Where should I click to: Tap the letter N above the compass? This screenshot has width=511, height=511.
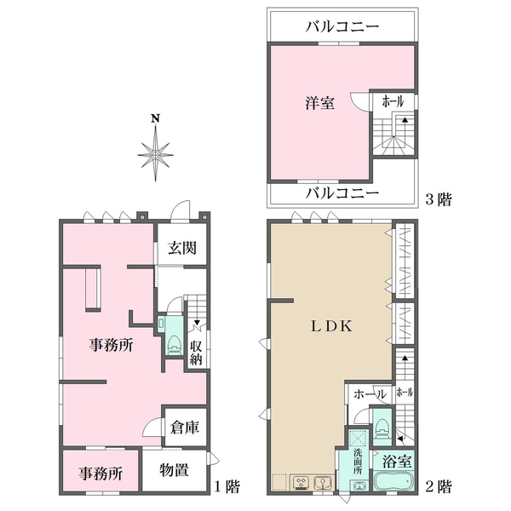pos(154,119)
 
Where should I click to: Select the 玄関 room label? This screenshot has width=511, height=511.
pos(181,248)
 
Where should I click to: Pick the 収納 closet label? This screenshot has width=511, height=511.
pos(196,352)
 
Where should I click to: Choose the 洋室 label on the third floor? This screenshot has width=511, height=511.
pos(320,103)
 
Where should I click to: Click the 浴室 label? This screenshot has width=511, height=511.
pos(397,462)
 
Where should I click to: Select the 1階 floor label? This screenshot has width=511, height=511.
pos(227,487)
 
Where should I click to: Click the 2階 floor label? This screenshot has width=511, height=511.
pos(438,487)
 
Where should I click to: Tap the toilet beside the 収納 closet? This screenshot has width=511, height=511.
pos(173,342)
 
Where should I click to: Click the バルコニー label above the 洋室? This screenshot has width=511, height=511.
pos(342,26)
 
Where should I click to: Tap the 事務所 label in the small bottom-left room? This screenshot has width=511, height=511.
pos(101,473)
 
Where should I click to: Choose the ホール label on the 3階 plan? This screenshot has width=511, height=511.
pos(393,101)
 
